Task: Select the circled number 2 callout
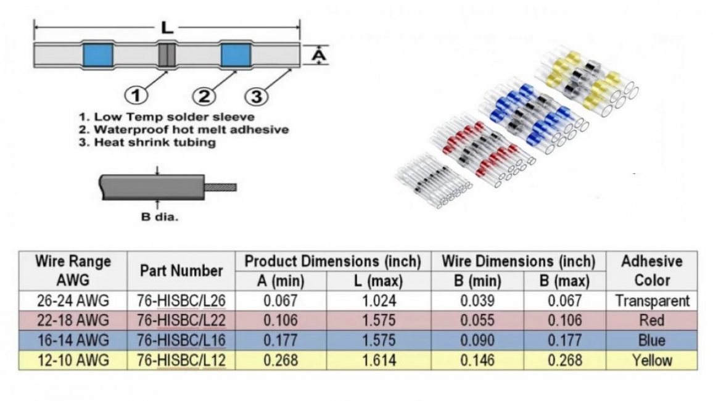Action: pyautogui.click(x=204, y=95)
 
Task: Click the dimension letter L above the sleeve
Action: pyautogui.click(x=167, y=27)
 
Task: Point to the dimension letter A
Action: pyautogui.click(x=318, y=56)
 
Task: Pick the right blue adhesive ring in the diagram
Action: pyautogui.click(x=235, y=56)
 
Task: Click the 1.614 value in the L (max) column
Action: pyautogui.click(x=378, y=360)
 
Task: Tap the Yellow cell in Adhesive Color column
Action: pyautogui.click(x=652, y=360)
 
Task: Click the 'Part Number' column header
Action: pyautogui.click(x=181, y=270)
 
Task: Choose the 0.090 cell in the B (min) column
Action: pyautogui.click(x=477, y=340)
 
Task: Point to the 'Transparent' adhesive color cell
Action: pyautogui.click(x=652, y=301)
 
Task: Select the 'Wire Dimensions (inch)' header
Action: pyautogui.click(x=519, y=261)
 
